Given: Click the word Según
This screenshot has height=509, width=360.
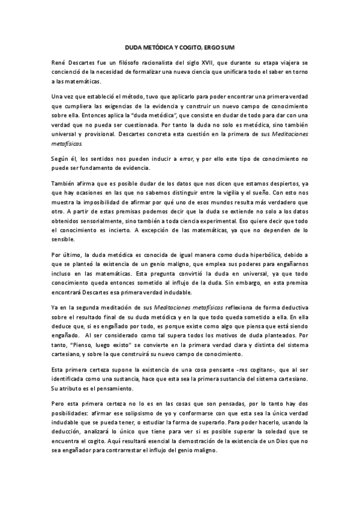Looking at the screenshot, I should (x=62, y=158).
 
